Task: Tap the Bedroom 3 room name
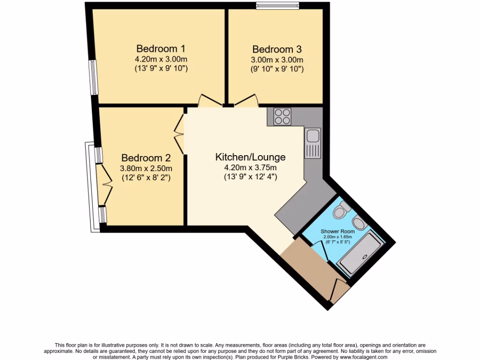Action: coord(277,49)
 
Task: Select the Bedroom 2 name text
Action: coord(146,158)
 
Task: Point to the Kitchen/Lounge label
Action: coord(250,157)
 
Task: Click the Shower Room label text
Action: coord(337,232)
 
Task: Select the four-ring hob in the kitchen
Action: coord(283,116)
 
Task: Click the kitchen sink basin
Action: coord(313,136)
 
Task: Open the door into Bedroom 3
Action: coord(247,100)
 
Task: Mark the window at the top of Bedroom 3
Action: coord(277,6)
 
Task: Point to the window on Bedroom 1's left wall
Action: coord(94,77)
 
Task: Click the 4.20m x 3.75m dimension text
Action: coord(250,168)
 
